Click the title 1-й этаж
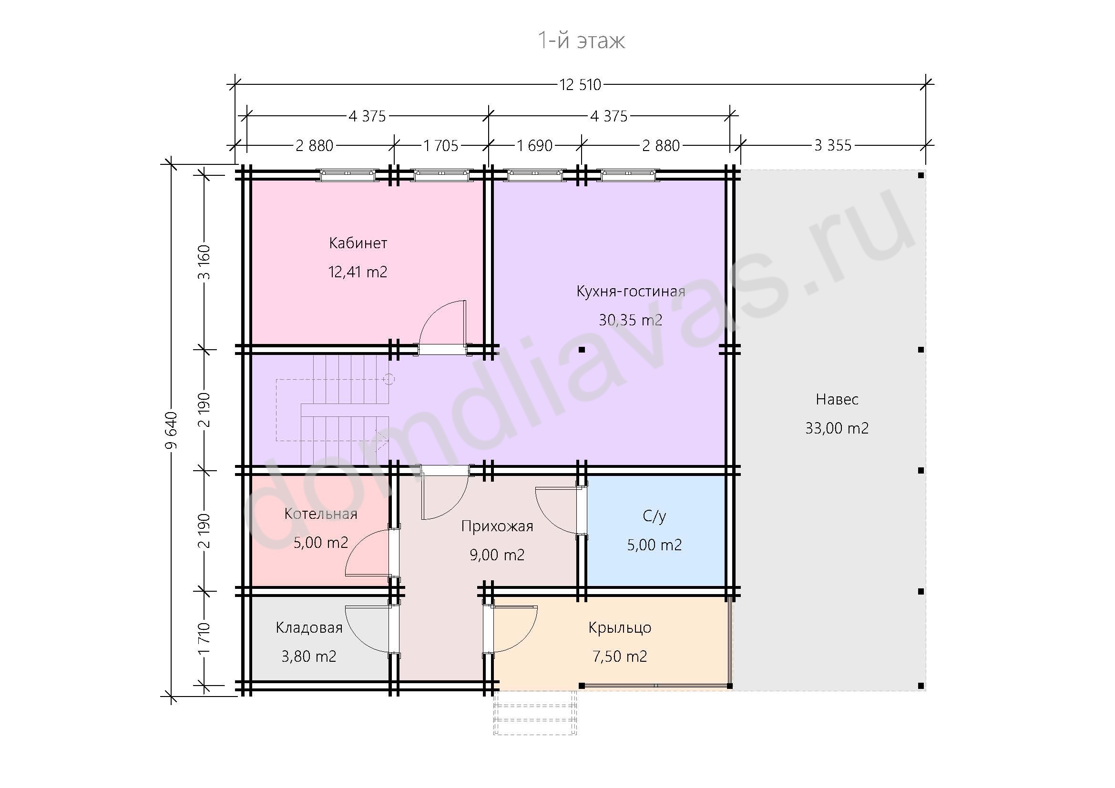[581, 41]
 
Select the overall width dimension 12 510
[580, 85]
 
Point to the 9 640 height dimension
[171, 430]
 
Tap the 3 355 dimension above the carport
[833, 145]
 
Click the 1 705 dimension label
[441, 146]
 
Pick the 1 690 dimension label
[535, 146]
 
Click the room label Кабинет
[358, 242]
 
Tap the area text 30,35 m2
[630, 320]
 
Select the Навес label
[837, 399]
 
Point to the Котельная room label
[320, 514]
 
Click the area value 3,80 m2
[309, 657]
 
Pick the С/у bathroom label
[654, 516]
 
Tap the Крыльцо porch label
[620, 628]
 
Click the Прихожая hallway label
[497, 526]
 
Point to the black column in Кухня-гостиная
[582, 349]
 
